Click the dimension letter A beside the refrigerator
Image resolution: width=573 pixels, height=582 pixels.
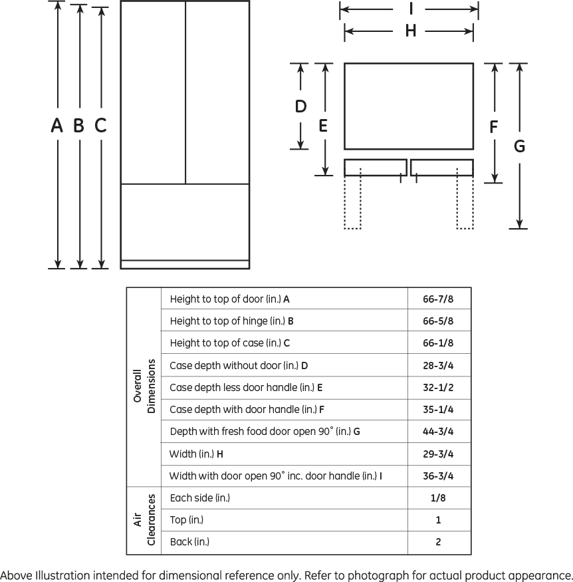57,125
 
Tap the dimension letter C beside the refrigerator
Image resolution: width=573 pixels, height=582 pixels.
100,125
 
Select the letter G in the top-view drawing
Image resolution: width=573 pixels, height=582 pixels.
519,146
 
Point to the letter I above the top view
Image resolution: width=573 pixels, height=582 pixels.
411,9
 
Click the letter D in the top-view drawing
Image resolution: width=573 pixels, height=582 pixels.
300,106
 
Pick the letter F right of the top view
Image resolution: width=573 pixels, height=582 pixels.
493,126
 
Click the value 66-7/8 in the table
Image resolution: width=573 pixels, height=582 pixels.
438,299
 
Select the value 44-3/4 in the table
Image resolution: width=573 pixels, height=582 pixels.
438,432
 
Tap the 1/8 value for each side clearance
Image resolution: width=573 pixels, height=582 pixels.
438,498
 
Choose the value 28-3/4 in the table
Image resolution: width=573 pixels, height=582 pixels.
438,366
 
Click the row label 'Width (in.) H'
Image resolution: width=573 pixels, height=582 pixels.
196,454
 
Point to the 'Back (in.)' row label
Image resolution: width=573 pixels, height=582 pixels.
189,542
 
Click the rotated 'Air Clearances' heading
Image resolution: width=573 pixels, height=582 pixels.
144,520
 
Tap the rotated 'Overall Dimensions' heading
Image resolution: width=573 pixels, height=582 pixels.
144,386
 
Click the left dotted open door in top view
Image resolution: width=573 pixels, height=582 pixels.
352,203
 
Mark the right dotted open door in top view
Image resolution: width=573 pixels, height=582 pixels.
465,203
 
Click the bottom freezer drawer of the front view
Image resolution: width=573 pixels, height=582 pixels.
185,222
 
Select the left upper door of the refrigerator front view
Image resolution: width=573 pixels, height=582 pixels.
153,92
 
